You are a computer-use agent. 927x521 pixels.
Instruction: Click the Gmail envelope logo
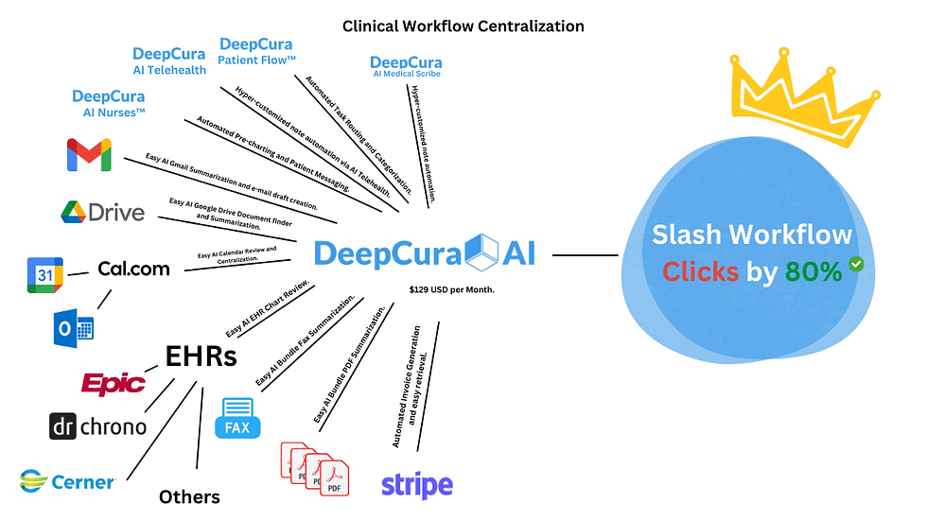90,155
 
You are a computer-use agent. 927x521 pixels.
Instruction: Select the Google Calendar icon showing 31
45,275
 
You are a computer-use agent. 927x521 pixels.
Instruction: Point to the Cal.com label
133,269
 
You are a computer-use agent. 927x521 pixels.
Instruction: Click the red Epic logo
114,383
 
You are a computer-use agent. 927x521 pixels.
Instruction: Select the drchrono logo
98,426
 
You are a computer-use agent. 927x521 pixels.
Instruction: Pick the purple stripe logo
416,485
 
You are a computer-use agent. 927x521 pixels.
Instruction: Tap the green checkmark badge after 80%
856,265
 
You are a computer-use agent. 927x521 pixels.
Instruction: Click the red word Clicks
700,271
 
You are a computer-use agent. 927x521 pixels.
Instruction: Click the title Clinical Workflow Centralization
463,26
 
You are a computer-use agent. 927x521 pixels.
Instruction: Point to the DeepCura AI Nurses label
109,103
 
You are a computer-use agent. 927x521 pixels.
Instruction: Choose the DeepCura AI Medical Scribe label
405,66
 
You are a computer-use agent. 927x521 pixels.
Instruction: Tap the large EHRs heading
201,356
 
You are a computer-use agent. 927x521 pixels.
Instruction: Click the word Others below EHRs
189,496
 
